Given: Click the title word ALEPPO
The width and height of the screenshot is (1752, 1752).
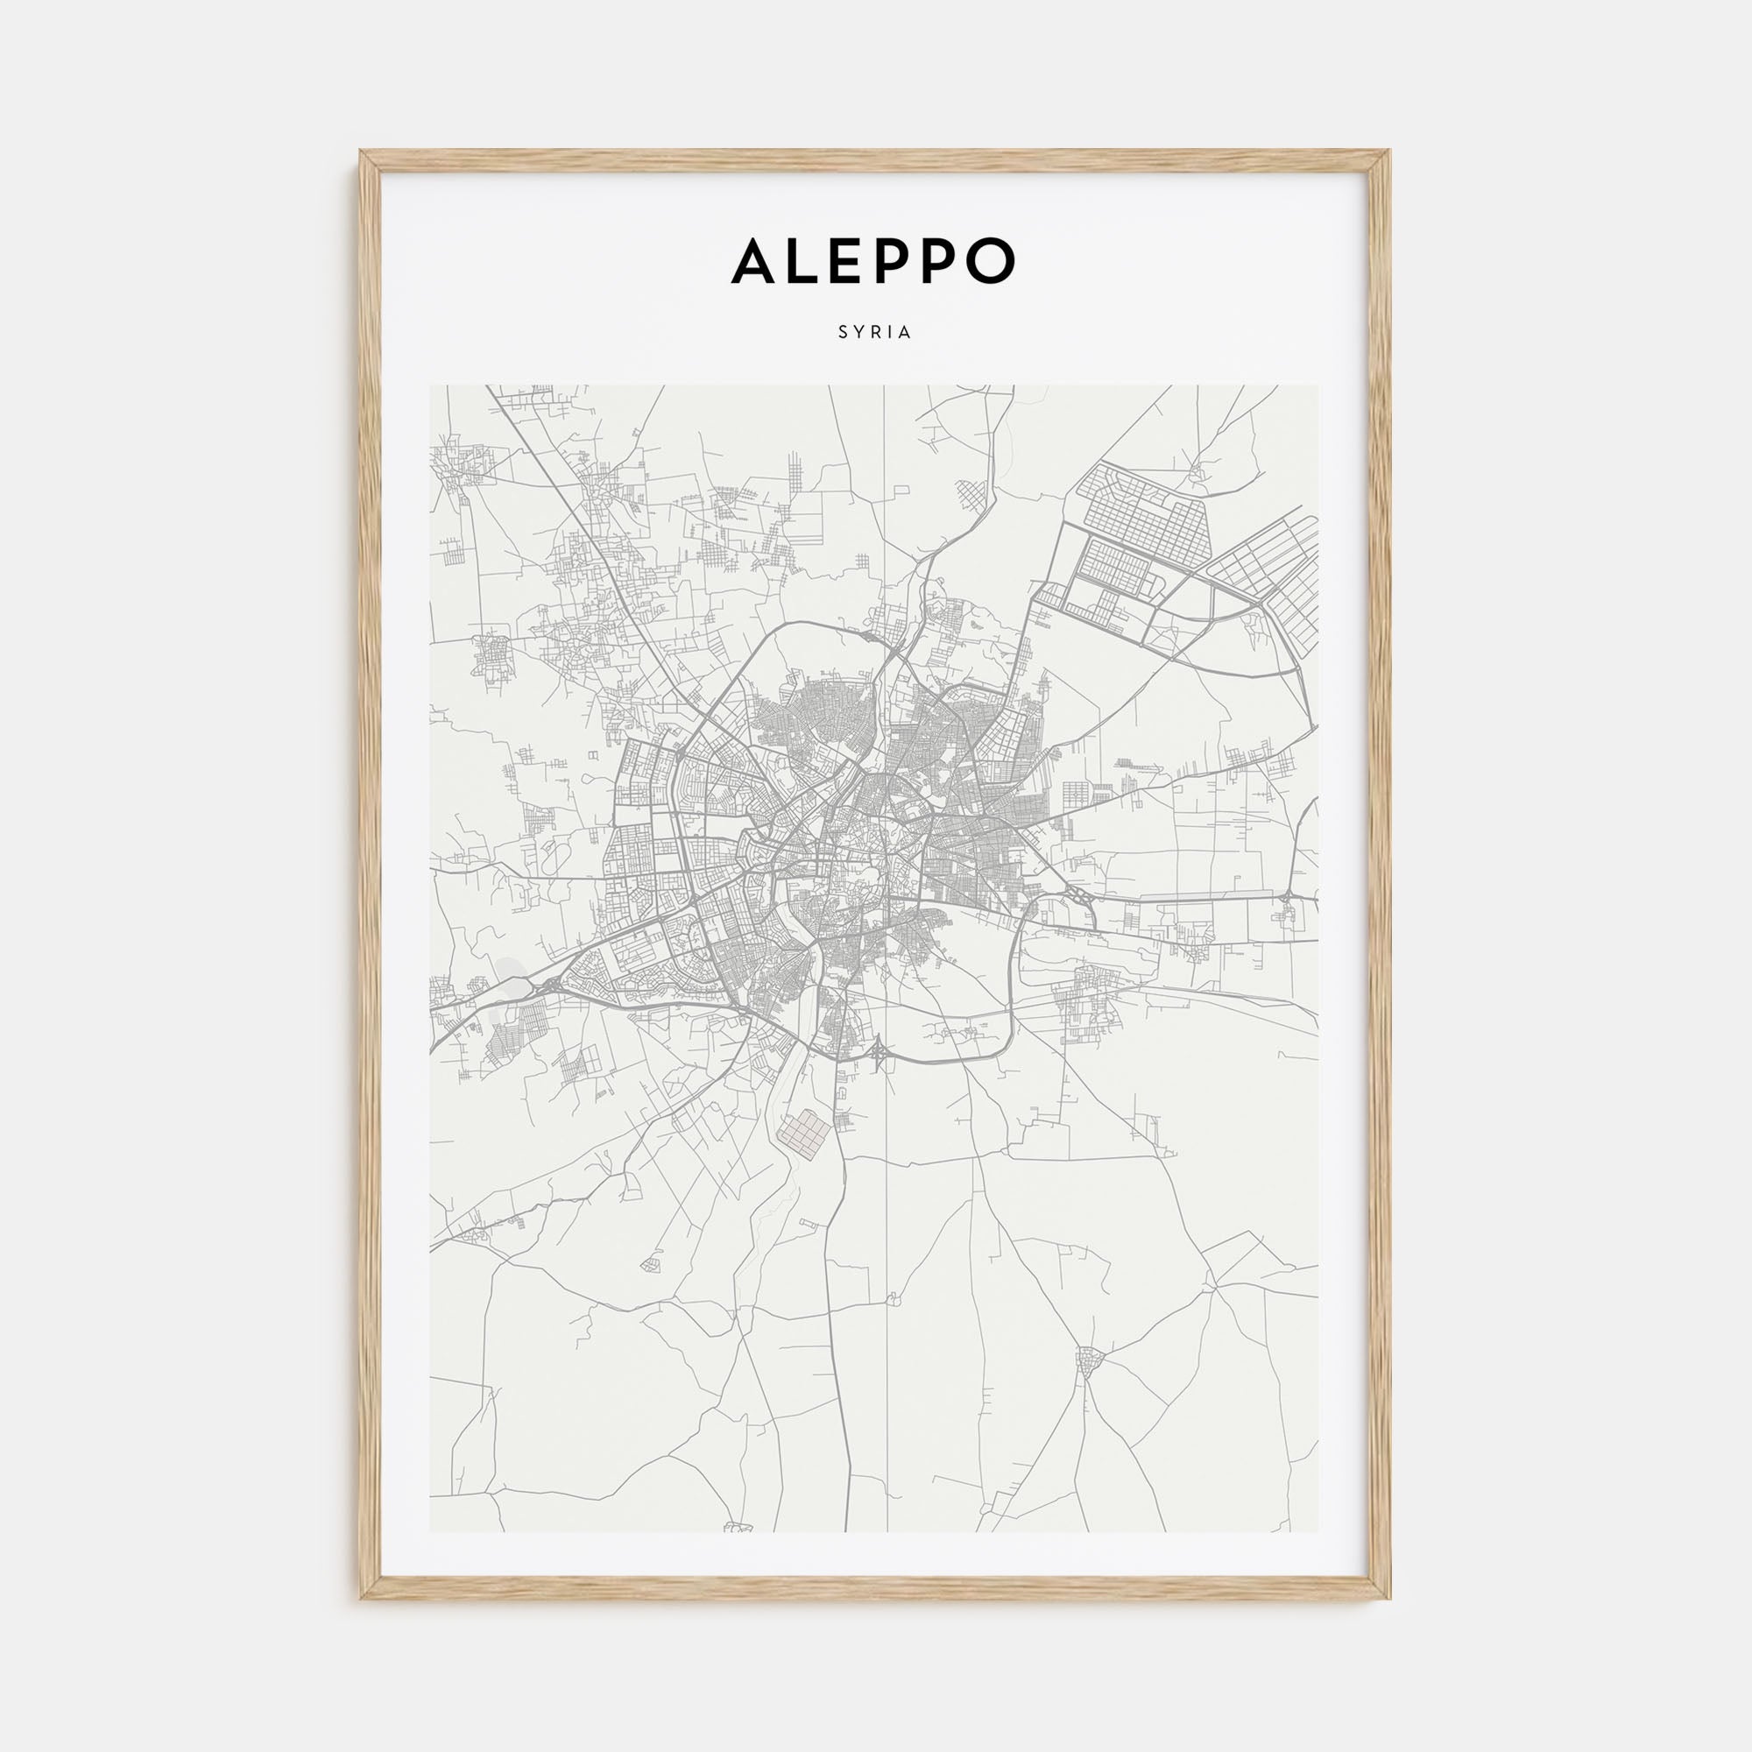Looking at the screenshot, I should pyautogui.click(x=873, y=260).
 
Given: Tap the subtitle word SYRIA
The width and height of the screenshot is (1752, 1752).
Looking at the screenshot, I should pyautogui.click(x=875, y=333).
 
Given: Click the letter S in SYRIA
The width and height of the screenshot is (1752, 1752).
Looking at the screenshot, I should pyautogui.click(x=844, y=333).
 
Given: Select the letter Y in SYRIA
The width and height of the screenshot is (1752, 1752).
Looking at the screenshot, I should pyautogui.click(x=858, y=333).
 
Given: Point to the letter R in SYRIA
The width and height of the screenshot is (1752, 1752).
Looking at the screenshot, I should pyautogui.click(x=875, y=333).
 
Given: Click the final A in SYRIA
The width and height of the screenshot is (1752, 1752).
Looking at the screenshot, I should pyautogui.click(x=905, y=333).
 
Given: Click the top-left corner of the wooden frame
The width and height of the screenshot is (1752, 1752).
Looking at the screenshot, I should pyautogui.click(x=362, y=152).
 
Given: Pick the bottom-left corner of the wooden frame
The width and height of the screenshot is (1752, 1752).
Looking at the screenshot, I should pyautogui.click(x=362, y=1598).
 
